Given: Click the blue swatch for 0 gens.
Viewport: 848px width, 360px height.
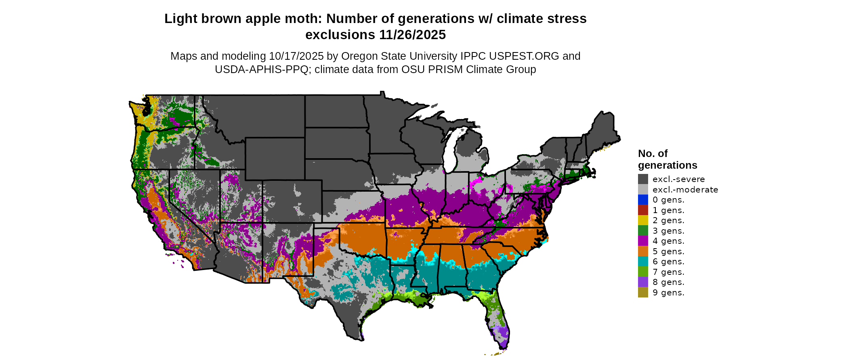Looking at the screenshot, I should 643,200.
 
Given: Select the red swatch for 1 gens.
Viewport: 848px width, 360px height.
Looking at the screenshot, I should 643,210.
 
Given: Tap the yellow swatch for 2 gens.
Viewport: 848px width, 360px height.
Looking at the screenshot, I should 643,220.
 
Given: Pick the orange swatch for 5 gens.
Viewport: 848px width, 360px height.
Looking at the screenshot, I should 643,251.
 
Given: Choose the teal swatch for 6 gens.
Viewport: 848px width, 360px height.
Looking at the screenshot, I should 643,262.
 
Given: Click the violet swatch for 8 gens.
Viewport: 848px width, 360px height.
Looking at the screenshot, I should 643,282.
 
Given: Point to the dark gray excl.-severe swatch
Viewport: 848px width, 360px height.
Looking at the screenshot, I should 643,179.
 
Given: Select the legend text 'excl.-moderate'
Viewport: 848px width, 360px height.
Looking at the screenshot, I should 685,190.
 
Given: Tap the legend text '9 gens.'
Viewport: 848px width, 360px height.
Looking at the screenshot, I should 668,293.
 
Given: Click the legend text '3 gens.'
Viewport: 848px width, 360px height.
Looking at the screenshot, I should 668,231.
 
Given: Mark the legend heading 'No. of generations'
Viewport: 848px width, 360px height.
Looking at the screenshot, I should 667,159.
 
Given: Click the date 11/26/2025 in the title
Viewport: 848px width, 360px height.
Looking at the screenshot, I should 412,35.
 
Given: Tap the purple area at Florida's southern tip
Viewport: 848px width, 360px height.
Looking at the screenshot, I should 503,334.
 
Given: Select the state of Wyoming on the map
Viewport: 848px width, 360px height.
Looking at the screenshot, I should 275,159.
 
